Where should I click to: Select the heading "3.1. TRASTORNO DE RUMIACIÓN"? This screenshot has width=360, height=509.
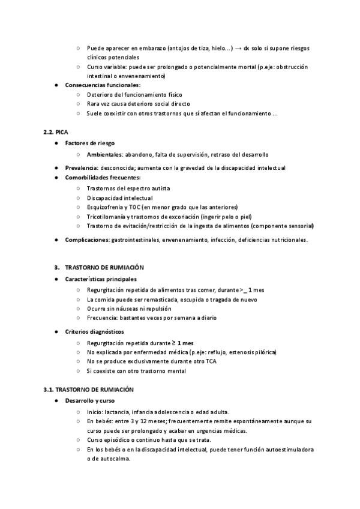(88, 389)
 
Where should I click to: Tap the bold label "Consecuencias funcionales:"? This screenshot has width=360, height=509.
(102, 85)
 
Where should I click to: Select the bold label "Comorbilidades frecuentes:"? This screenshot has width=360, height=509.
(103, 178)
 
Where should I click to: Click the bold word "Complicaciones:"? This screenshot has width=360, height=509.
(87, 240)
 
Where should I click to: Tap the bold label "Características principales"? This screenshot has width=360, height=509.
(100, 279)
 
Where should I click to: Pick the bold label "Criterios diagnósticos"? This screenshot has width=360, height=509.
(94, 331)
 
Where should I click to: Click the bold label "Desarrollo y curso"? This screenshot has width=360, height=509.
(89, 400)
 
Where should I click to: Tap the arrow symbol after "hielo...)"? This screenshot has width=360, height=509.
(238, 48)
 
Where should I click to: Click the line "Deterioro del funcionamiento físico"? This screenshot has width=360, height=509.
(134, 95)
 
